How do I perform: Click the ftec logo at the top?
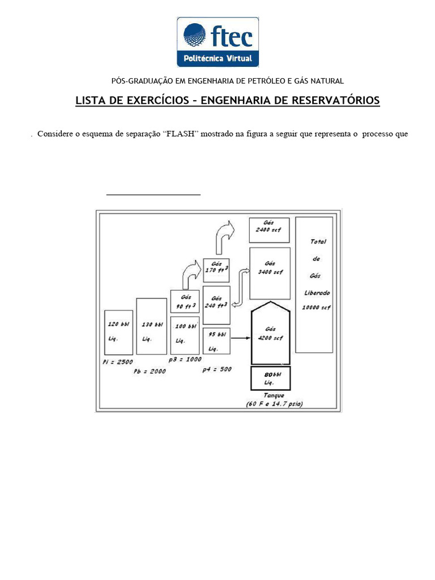[x=218, y=42]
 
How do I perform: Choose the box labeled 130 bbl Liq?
[x=151, y=326]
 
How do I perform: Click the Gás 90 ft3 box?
[x=185, y=301]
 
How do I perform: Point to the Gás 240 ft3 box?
[x=216, y=305]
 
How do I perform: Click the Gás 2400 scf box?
[x=269, y=230]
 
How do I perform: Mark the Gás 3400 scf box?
[x=270, y=273]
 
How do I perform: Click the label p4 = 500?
[x=217, y=369]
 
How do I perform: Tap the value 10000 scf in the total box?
[x=317, y=308]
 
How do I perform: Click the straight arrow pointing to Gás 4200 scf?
[x=241, y=338]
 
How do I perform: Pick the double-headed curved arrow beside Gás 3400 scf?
[x=240, y=287]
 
